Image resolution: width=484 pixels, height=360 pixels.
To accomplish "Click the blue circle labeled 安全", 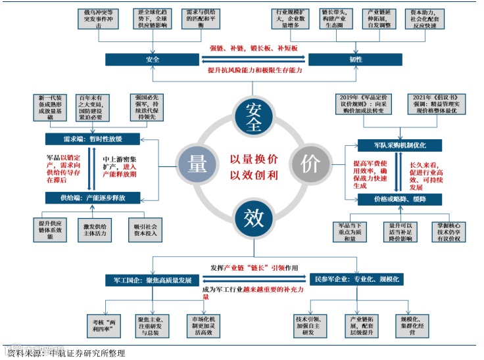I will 253,116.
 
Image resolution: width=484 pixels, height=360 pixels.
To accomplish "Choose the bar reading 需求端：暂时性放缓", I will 93,139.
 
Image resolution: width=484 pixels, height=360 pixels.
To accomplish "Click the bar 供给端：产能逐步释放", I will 93,197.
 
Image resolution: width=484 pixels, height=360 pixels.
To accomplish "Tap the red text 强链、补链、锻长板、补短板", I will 253,49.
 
